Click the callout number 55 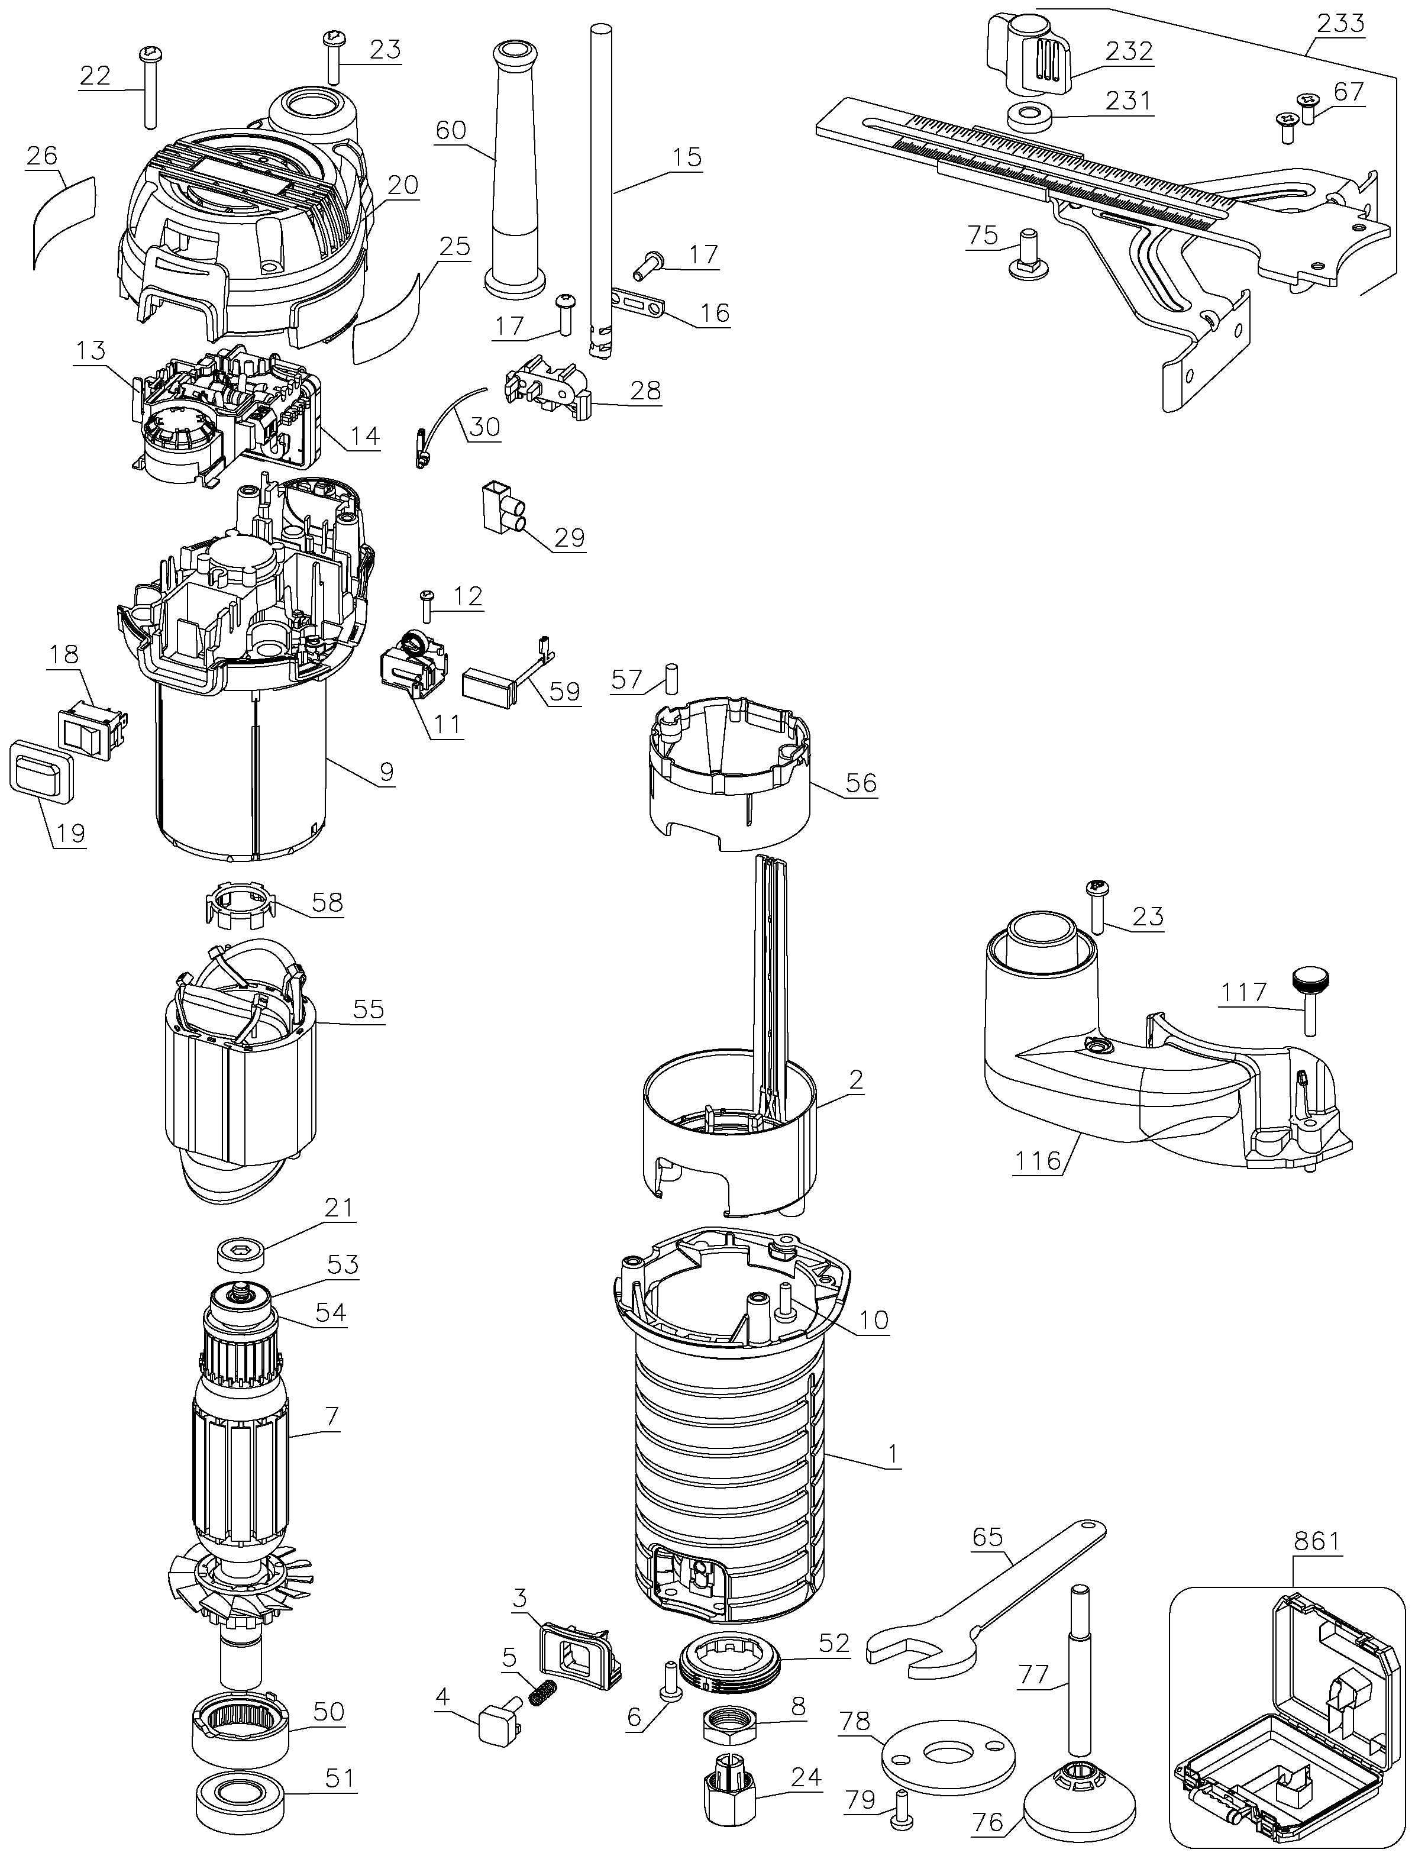pyautogui.click(x=368, y=1009)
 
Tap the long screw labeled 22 pyautogui.click(x=148, y=88)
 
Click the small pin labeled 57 pyautogui.click(x=671, y=678)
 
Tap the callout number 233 pyautogui.click(x=1341, y=22)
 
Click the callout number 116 pyautogui.click(x=1038, y=1161)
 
